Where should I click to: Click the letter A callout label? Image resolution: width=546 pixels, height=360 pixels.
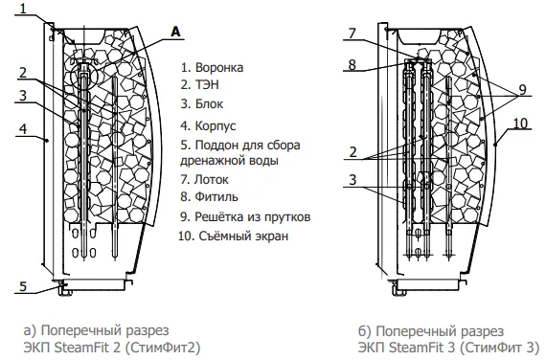[176, 32]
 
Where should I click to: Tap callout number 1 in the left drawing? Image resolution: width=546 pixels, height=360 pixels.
[23, 8]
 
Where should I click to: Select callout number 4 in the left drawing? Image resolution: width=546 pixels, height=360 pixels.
[23, 129]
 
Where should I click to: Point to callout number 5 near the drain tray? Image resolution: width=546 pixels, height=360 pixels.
[23, 286]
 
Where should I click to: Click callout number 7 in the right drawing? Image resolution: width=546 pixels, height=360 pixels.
[353, 34]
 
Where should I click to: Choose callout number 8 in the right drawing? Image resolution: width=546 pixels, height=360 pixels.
[353, 64]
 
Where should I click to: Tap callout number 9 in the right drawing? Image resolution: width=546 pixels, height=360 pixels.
[522, 89]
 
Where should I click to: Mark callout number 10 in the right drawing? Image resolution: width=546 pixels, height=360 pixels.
[520, 124]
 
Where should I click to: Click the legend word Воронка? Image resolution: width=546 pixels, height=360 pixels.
[219, 67]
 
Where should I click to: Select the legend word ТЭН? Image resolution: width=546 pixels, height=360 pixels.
[207, 84]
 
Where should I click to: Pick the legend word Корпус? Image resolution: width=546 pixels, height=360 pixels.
[216, 125]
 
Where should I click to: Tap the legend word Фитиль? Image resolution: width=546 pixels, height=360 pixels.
[216, 196]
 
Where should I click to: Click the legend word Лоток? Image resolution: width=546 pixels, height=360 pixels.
[211, 180]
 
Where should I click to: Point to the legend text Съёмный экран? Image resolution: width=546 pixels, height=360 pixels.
[243, 236]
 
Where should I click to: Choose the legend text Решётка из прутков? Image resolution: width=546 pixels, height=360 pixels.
[253, 217]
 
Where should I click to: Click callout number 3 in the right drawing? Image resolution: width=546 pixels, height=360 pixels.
[353, 180]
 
